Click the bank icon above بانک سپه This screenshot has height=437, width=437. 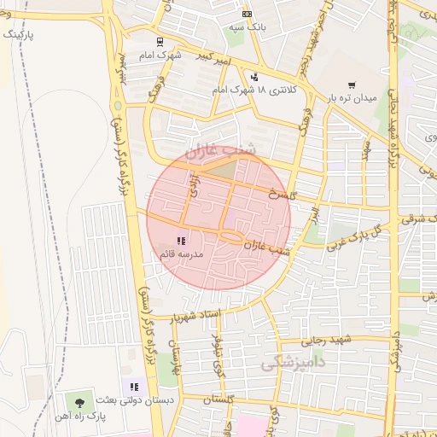(247, 15)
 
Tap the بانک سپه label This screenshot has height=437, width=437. (247, 28)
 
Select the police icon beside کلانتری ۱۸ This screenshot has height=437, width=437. (253, 77)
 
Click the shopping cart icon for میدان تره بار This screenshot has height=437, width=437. (352, 85)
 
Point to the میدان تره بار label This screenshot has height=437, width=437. (352, 99)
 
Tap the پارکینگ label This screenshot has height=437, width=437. (20, 34)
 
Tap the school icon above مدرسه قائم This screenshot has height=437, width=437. (180, 242)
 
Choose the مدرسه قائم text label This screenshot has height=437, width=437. (179, 254)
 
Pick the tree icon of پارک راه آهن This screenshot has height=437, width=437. (80, 401)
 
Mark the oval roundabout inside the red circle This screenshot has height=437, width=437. (231, 236)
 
